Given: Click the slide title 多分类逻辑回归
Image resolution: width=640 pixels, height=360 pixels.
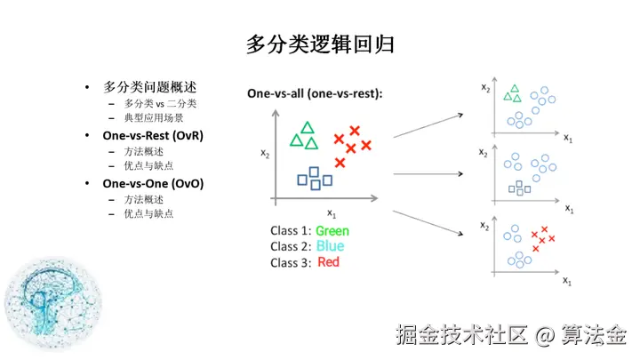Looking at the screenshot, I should [x=319, y=44].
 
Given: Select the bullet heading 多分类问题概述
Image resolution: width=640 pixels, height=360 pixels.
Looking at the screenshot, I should [x=149, y=88].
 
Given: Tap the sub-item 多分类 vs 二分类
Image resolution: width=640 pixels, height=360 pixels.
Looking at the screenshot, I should [x=160, y=103].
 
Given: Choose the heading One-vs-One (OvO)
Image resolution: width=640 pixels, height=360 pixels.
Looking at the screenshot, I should [x=153, y=183].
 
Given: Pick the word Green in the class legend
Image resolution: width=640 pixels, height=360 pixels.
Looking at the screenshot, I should [x=332, y=231].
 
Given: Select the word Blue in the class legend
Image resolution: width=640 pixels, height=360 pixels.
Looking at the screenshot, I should [x=330, y=246].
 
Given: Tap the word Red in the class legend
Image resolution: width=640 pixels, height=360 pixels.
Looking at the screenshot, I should [x=328, y=262].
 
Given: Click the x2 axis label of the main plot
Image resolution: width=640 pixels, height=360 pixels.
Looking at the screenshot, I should [x=265, y=153].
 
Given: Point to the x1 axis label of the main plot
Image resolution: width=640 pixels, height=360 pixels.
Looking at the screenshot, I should [x=332, y=212].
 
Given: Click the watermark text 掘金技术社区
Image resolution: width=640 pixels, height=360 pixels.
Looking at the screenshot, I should [x=462, y=335].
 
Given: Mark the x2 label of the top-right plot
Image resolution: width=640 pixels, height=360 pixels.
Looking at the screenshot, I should [x=484, y=86].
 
